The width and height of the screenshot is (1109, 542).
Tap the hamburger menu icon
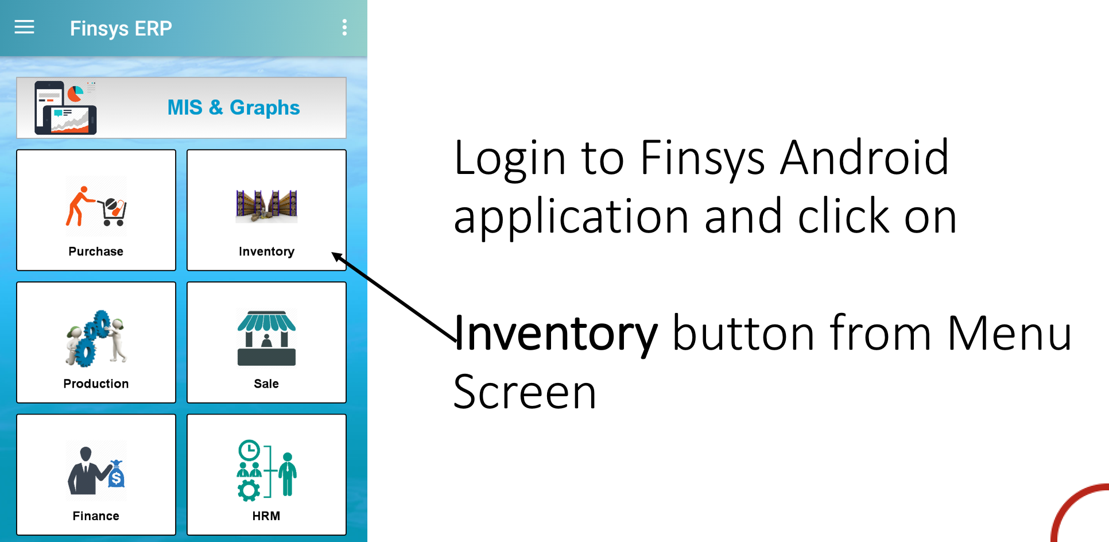coord(24,27)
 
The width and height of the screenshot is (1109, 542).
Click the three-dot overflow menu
coord(344,28)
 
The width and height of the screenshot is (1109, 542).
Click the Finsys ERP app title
coord(121,29)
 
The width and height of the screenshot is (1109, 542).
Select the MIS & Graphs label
coord(234,108)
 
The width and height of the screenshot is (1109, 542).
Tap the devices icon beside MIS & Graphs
coord(65,108)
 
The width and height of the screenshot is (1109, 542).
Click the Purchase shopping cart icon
coord(96,206)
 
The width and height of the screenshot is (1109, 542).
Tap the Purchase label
coord(96,251)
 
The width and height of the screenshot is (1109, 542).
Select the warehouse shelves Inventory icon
coord(266,206)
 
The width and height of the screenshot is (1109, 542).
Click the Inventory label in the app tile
coord(266,251)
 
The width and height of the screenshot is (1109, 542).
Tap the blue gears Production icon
coord(96,338)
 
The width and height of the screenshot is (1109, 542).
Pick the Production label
coord(96,384)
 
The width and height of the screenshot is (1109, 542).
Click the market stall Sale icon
coord(266,338)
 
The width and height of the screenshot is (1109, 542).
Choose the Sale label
coord(266,384)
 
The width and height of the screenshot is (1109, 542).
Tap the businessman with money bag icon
coord(96,470)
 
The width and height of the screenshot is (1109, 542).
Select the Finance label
coord(96,516)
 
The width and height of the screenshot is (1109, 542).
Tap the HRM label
coord(266,516)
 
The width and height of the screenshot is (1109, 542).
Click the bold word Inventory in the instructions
coord(556,334)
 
